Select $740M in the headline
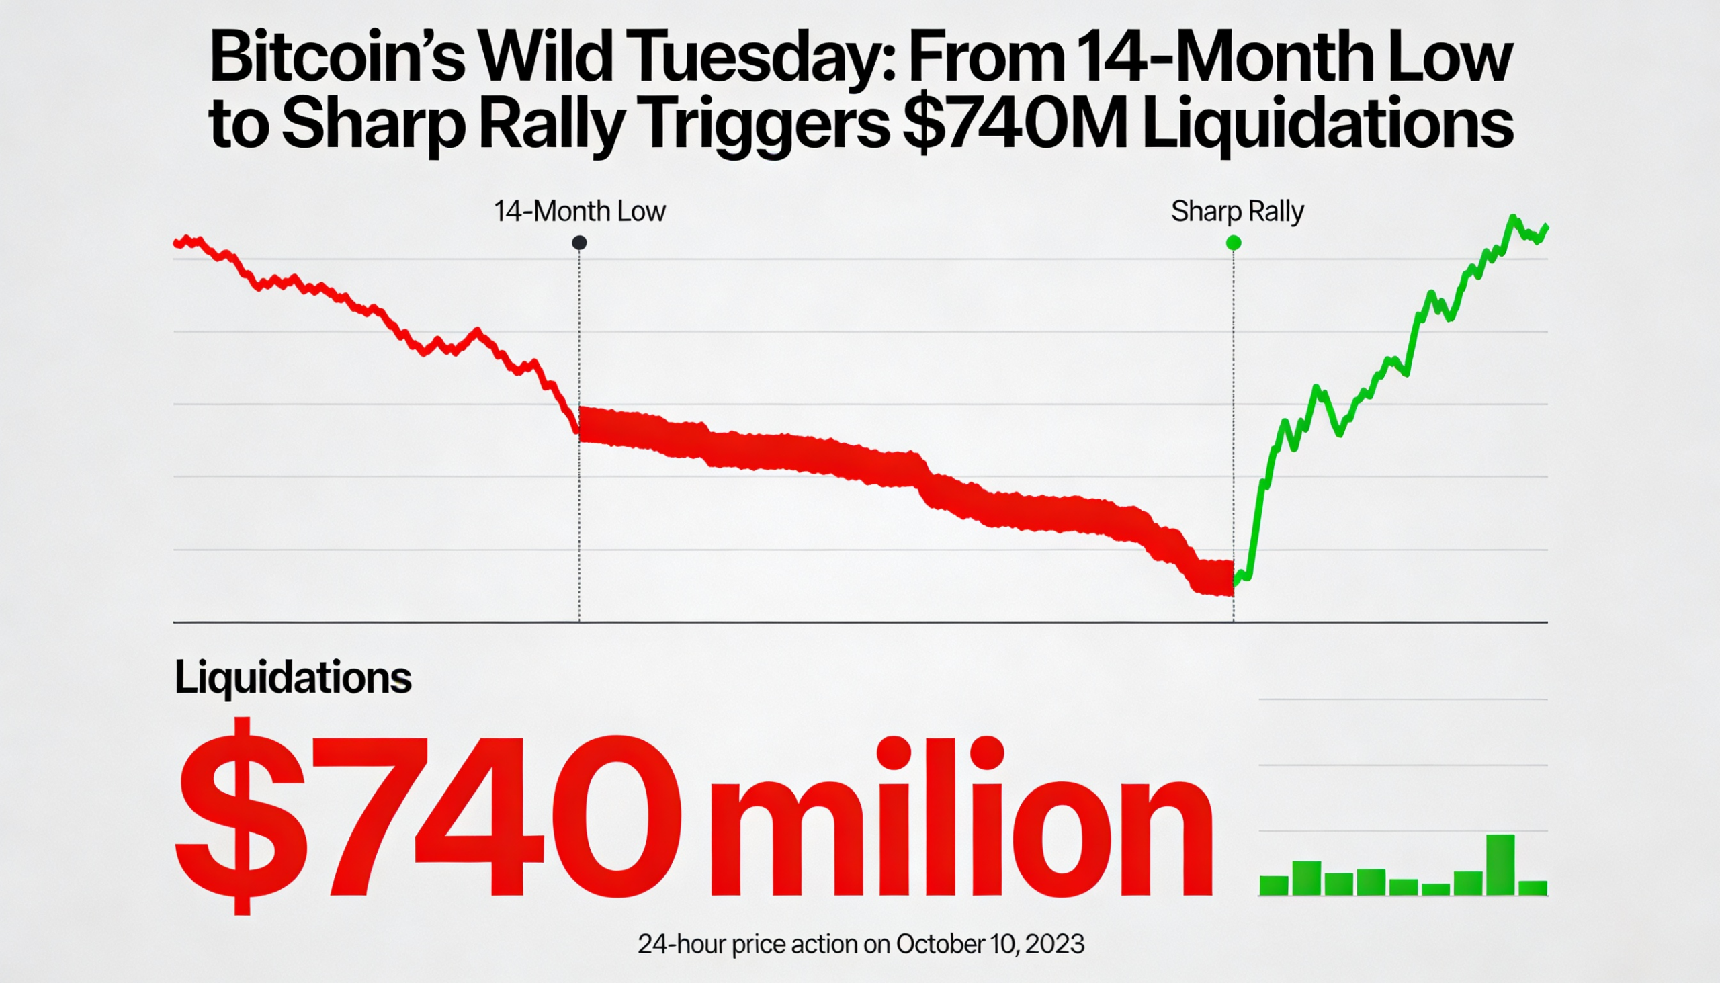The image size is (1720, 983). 1014,125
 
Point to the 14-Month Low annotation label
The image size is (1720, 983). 580,212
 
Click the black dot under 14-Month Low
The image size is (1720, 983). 579,243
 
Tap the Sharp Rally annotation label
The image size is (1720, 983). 1238,212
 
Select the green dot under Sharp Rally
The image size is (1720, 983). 1234,243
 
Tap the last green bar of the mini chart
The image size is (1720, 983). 1533,887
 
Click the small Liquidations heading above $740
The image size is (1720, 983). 293,677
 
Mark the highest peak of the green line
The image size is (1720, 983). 1513,218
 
